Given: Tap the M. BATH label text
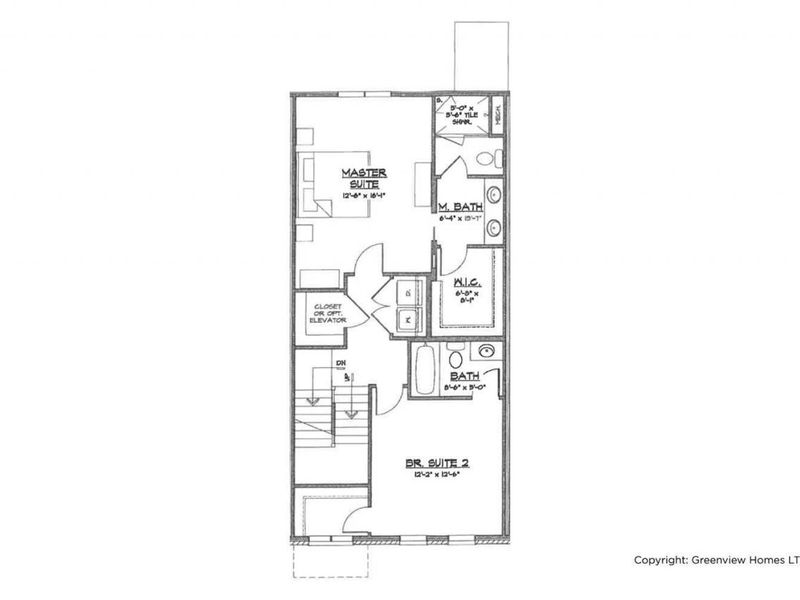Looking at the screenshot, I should [461, 208].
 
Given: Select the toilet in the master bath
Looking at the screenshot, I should [486, 158].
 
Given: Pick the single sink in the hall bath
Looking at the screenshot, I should [487, 352].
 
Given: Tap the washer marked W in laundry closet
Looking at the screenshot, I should [406, 320].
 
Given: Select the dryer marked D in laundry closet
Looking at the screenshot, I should [406, 292].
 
